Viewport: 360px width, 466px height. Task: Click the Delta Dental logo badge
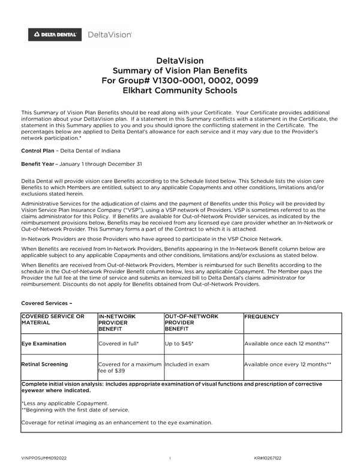(x=55, y=35)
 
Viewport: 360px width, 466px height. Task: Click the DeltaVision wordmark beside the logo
(x=110, y=35)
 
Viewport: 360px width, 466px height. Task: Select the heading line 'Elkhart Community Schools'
(x=180, y=91)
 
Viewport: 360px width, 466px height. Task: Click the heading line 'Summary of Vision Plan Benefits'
(x=180, y=71)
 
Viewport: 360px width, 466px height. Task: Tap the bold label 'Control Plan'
(x=40, y=150)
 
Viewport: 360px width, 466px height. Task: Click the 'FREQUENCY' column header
(x=262, y=316)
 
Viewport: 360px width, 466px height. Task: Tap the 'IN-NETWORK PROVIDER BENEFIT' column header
(x=117, y=322)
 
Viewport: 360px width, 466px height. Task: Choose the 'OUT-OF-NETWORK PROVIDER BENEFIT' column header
(x=191, y=322)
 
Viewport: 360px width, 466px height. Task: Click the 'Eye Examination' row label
(x=44, y=344)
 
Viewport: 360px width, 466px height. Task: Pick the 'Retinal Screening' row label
(x=44, y=364)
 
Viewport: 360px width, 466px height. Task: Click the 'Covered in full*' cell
(x=118, y=344)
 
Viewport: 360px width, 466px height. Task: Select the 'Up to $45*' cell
(x=179, y=344)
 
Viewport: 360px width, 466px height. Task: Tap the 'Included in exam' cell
(x=187, y=364)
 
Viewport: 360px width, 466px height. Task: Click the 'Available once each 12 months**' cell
(x=286, y=344)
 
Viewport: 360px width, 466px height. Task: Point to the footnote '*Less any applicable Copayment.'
(x=65, y=403)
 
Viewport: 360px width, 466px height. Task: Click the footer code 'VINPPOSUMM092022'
(x=44, y=458)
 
